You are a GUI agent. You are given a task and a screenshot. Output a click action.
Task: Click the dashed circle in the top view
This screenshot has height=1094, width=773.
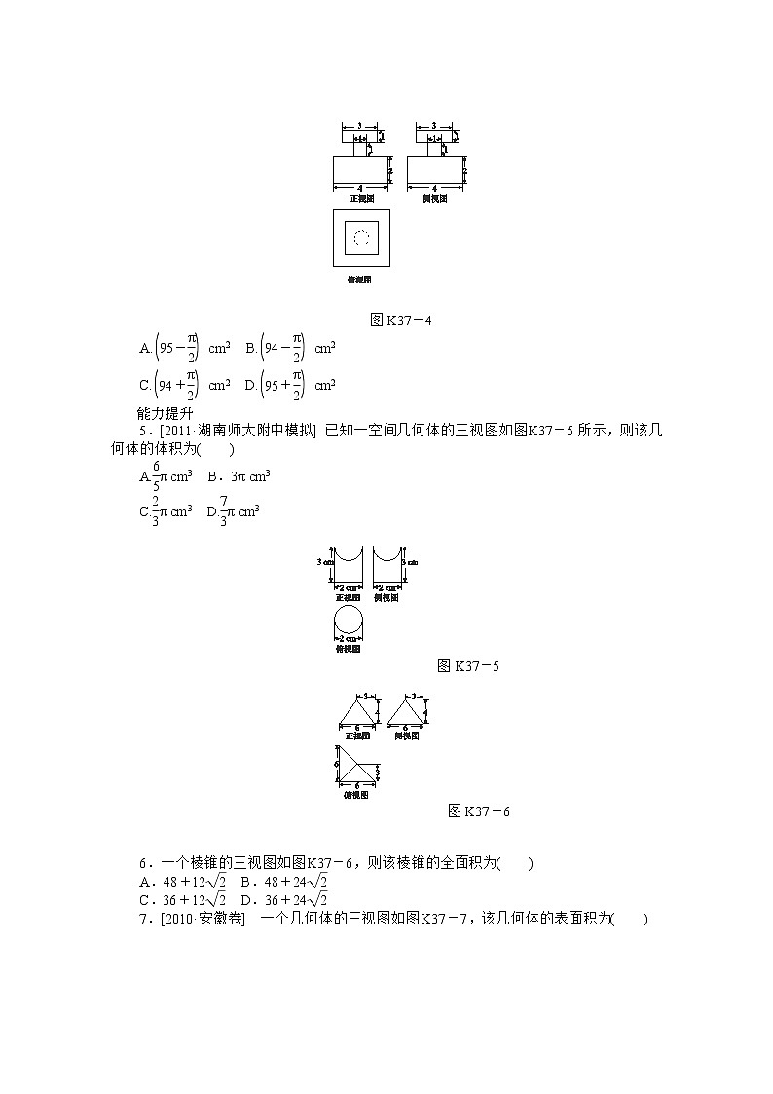pyautogui.click(x=361, y=238)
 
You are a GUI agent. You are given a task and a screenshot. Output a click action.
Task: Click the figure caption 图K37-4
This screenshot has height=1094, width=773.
pyautogui.click(x=394, y=320)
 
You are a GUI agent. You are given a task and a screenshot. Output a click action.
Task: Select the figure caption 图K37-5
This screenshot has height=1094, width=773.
pyautogui.click(x=469, y=666)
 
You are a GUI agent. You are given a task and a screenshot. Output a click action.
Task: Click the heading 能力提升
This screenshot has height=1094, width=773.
pyautogui.click(x=166, y=411)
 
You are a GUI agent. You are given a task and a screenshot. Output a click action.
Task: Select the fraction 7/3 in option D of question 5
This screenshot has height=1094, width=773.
pyautogui.click(x=223, y=510)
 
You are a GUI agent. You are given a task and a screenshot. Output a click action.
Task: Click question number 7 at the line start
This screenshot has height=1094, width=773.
pyautogui.click(x=143, y=918)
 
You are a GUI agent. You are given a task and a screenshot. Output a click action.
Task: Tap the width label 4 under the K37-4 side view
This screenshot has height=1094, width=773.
pyautogui.click(x=434, y=186)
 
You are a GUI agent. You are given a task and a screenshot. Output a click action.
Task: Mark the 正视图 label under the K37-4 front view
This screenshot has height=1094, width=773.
pyautogui.click(x=361, y=198)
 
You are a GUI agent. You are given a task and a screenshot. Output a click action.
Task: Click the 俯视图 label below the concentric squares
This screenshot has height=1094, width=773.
pyautogui.click(x=360, y=280)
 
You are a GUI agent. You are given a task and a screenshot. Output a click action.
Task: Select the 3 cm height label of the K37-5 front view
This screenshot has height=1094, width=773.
pyautogui.click(x=326, y=562)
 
